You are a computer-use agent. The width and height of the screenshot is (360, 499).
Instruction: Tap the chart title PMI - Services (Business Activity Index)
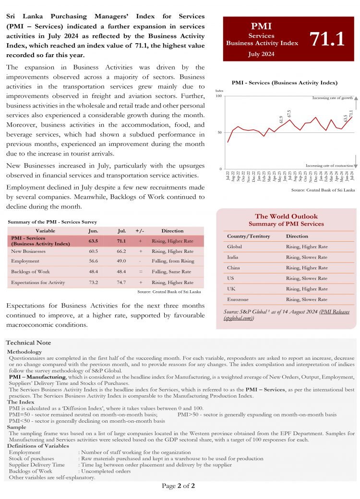coord(285,83)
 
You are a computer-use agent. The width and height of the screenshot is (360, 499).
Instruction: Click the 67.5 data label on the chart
coord(289,114)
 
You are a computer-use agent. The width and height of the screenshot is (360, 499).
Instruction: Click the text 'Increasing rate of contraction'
coord(329,165)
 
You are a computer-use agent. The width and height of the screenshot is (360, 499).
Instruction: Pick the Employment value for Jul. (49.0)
coord(121,261)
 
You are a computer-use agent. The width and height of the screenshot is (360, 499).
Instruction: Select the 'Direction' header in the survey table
coord(172,231)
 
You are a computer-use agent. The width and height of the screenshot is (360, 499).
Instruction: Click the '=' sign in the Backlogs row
coord(140,272)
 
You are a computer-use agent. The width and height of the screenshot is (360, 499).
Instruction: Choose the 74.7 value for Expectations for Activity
coord(121,283)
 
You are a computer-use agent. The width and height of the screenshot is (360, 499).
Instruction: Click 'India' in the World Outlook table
coord(233,257)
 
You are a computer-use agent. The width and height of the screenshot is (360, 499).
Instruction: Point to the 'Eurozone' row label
coord(238,299)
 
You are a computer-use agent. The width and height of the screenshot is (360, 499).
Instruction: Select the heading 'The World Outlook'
coord(286,216)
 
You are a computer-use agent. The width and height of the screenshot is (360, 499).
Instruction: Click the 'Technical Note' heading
coord(28,343)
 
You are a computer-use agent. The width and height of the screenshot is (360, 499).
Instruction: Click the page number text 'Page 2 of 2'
coord(178,486)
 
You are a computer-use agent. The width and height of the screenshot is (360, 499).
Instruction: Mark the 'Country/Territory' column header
coord(248,236)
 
